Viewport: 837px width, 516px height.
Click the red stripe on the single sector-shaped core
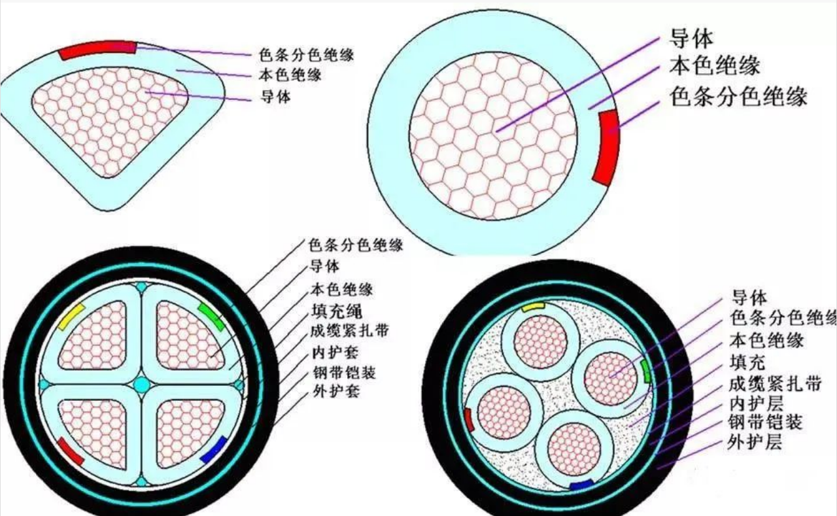point(98,49)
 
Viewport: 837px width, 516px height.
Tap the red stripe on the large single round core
point(606,148)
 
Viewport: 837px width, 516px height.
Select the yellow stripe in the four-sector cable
point(72,317)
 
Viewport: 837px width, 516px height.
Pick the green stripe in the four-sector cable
point(212,317)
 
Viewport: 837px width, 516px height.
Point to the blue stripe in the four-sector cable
point(214,449)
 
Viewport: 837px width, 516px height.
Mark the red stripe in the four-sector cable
point(71,451)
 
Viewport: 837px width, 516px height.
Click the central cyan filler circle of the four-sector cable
point(142,385)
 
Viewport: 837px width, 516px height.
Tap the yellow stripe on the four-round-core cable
point(533,307)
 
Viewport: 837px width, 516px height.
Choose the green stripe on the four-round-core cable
point(645,371)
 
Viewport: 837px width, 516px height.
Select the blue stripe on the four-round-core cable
point(582,485)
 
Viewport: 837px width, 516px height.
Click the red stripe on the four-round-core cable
point(470,420)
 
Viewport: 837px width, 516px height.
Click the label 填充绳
point(336,311)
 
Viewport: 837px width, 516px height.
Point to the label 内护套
point(335,352)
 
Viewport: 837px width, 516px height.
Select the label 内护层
point(755,403)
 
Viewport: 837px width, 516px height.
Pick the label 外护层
point(755,442)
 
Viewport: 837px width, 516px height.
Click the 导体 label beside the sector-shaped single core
point(275,97)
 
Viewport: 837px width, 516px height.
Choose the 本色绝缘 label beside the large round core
point(715,66)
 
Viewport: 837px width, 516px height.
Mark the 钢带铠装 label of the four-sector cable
point(344,373)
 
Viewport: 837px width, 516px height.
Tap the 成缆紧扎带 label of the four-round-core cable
point(775,384)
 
